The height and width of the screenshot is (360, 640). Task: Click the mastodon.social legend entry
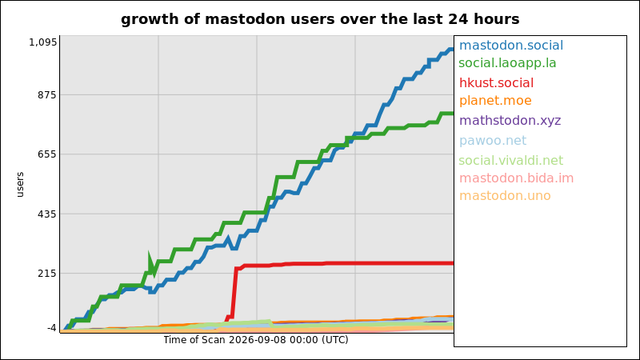click(x=511, y=46)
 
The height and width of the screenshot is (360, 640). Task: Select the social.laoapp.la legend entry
click(x=507, y=63)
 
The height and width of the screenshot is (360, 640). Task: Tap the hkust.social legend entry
click(x=496, y=83)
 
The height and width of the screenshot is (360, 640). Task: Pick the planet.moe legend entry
click(x=495, y=101)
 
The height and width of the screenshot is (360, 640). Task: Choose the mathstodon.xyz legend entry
click(x=510, y=121)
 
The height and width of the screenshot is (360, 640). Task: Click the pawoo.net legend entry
click(x=493, y=141)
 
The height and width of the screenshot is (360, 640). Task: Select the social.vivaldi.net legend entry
click(x=510, y=161)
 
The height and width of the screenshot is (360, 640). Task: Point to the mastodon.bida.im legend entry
click(x=516, y=178)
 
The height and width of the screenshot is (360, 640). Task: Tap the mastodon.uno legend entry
click(x=505, y=196)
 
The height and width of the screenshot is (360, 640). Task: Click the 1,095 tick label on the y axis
click(x=43, y=42)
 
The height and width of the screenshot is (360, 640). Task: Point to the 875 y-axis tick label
click(x=47, y=94)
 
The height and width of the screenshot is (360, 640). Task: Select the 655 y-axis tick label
click(x=47, y=154)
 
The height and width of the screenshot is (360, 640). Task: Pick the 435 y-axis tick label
click(x=47, y=214)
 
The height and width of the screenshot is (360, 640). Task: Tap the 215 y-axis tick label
click(x=47, y=273)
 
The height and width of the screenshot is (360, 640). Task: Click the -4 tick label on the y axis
click(x=52, y=328)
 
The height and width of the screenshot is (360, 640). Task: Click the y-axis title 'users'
click(x=20, y=185)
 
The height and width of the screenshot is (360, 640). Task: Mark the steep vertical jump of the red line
click(x=234, y=292)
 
